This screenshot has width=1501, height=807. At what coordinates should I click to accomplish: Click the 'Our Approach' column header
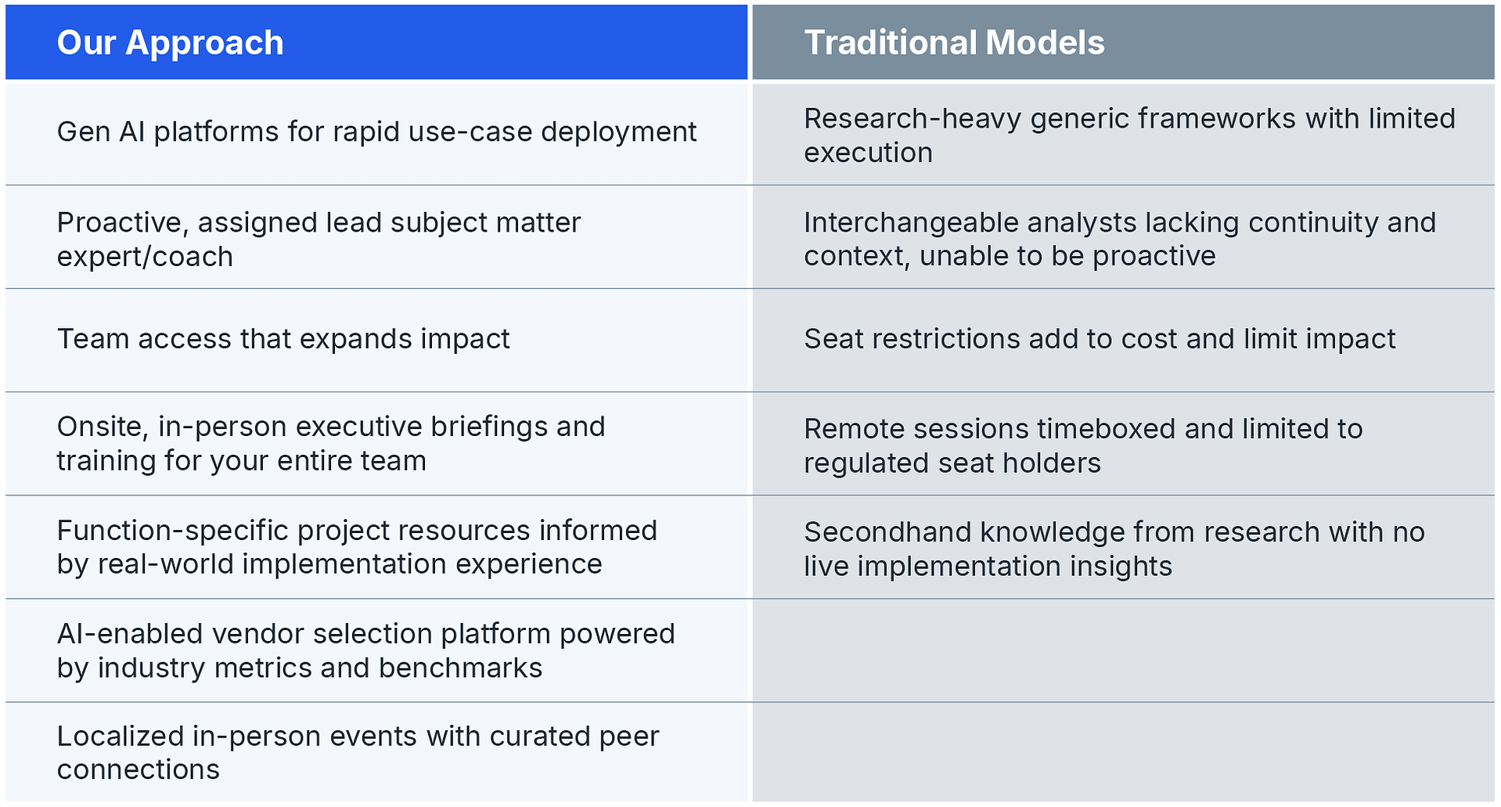click(170, 43)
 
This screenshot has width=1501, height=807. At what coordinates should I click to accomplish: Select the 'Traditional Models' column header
click(954, 43)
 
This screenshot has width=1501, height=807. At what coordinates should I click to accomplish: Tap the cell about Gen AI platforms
click(376, 132)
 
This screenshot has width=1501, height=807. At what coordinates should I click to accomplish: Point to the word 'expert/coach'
click(145, 257)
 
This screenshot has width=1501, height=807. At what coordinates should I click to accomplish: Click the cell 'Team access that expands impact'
click(283, 339)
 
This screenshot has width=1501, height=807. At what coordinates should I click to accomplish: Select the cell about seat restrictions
click(1100, 339)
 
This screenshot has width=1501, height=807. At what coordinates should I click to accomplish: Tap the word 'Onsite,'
click(103, 427)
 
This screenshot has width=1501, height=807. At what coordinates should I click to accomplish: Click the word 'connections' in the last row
click(139, 770)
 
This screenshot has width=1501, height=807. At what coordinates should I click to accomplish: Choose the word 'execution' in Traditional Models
click(868, 153)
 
